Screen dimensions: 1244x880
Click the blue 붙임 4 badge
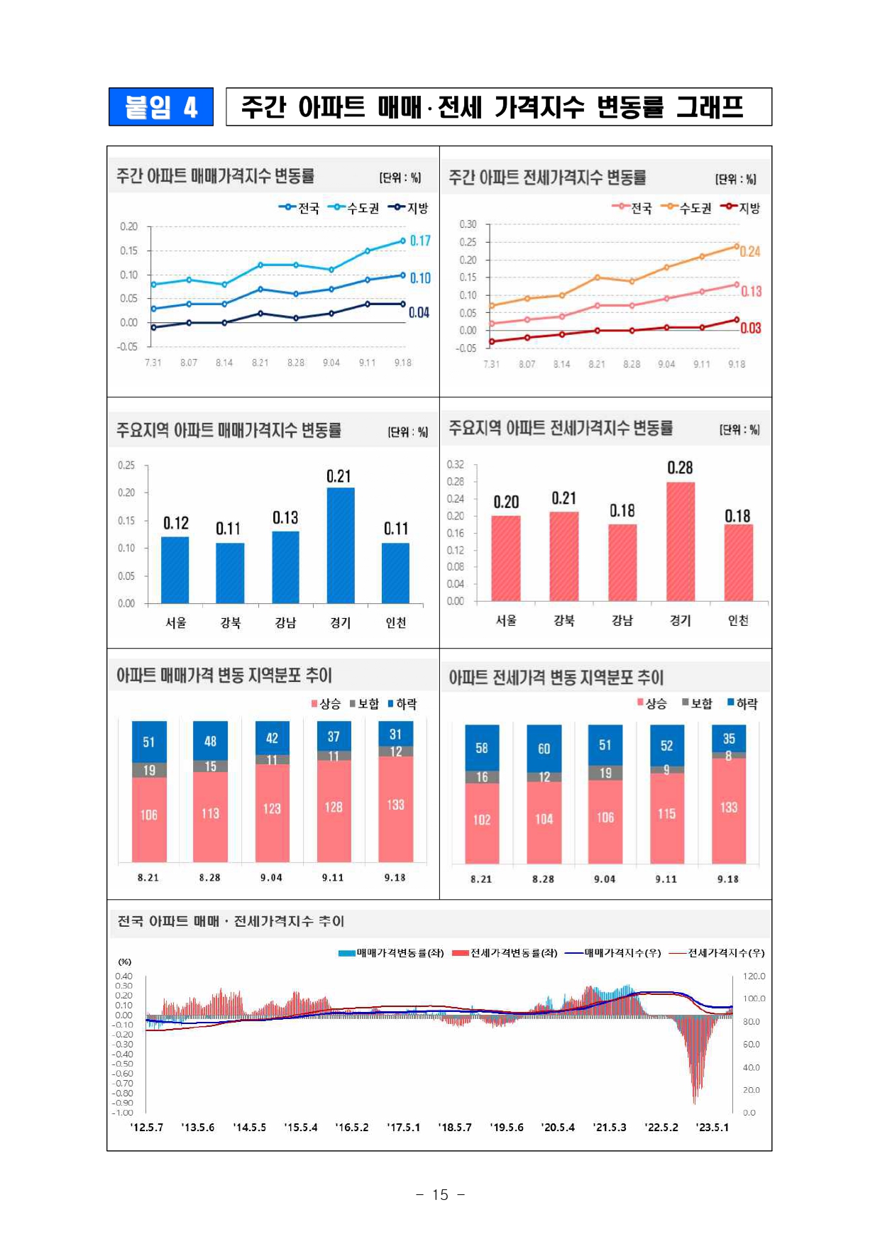point(160,107)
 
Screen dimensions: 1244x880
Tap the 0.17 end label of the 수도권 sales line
point(420,241)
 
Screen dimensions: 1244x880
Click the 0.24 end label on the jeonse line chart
point(750,251)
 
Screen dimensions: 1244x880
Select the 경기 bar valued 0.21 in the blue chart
point(341,545)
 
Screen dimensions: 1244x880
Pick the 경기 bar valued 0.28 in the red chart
point(681,541)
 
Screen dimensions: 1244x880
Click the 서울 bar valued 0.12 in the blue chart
point(175,570)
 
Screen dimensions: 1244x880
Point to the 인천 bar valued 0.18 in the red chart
point(738,563)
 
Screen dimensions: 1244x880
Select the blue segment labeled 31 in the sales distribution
point(395,734)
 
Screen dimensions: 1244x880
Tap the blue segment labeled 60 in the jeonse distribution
point(544,748)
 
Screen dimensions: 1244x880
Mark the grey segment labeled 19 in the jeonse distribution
point(605,773)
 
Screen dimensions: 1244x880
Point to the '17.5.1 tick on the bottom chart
point(404,1128)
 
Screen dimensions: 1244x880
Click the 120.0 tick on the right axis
point(754,976)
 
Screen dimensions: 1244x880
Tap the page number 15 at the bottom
point(440,1195)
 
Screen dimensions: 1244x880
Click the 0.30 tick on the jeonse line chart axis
point(468,224)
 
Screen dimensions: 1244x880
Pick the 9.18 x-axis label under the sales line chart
point(403,363)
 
